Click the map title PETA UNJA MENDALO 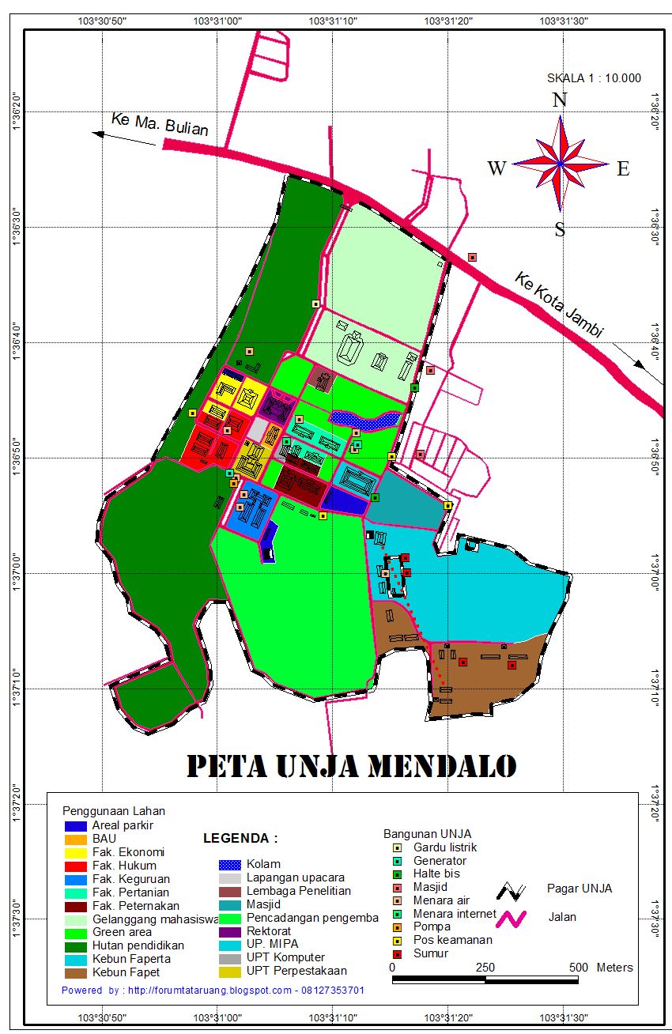point(351,765)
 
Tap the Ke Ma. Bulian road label point(159,124)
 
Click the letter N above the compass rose point(560,100)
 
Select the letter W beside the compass point(496,168)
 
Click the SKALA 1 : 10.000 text point(594,78)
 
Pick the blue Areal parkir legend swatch point(76,826)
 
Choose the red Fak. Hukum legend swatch point(76,866)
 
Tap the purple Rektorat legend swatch point(229,931)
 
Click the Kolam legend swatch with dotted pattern point(229,864)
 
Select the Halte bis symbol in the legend point(398,874)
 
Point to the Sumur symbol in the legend point(398,953)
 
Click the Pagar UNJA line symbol point(512,890)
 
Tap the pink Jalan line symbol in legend point(512,918)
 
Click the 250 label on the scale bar point(485,968)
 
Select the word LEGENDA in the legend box point(240,838)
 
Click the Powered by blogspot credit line point(213,990)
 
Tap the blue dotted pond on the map point(364,419)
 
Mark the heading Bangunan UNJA point(428,834)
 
